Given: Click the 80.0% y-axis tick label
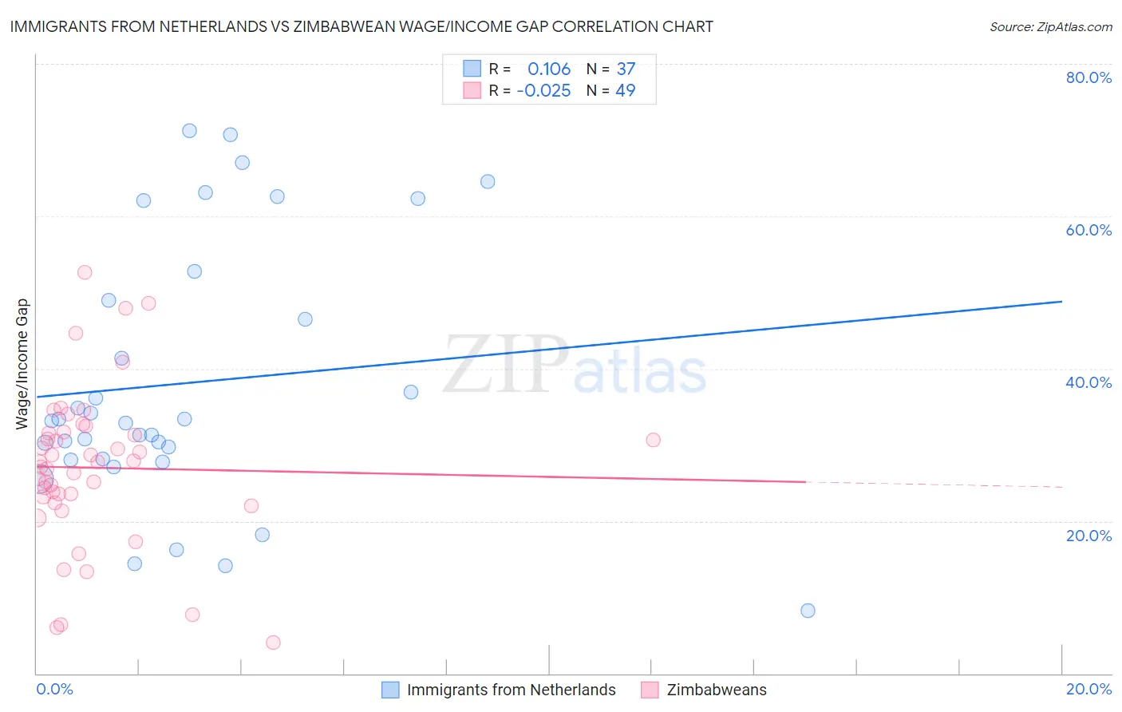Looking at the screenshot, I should (1088, 77).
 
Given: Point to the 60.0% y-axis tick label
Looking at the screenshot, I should (1088, 230).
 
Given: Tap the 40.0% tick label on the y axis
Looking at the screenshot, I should (1088, 382).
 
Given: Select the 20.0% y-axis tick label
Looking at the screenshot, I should (1088, 536).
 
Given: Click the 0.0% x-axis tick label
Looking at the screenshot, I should (54, 690).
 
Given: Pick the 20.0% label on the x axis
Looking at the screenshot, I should (1088, 690).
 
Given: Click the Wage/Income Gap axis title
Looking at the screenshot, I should (22, 364).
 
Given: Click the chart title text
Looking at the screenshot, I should (361, 26).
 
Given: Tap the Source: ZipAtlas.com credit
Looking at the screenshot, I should (1050, 26).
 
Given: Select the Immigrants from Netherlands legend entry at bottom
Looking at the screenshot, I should (511, 690).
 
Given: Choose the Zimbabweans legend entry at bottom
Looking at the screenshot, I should (716, 690).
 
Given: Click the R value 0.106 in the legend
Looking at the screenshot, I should (549, 69).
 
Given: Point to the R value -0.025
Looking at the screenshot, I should (543, 91).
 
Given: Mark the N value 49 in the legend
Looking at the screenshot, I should (626, 91).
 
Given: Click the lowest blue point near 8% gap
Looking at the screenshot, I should (808, 611).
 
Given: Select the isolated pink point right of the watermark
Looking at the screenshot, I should (653, 440).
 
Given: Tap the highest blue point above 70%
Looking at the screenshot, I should (189, 131).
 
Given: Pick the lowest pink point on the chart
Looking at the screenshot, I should (273, 643).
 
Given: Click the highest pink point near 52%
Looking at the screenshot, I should (85, 272).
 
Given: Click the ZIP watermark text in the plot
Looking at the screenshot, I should (506, 365).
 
